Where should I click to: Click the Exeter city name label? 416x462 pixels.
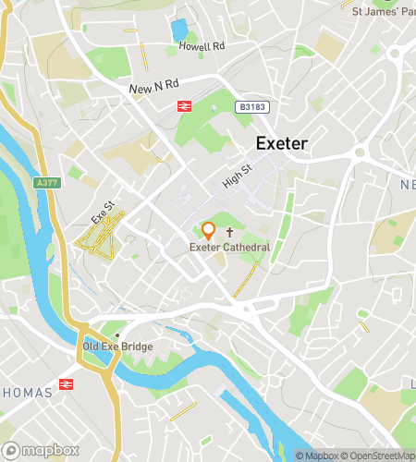coord(281,143)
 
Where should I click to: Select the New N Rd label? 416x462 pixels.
coord(153,89)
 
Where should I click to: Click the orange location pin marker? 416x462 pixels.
coord(208,231)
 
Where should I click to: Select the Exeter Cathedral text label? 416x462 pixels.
coord(229,247)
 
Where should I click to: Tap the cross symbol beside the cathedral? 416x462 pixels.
coord(254,235)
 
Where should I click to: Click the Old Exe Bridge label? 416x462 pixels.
coord(117,346)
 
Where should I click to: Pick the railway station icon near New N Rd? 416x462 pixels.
coord(185,106)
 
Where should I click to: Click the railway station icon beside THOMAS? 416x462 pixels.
coord(67,383)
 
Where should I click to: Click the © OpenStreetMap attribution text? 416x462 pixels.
coord(379,455)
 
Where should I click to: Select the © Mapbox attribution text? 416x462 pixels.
coord(317,455)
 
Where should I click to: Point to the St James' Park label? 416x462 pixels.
coord(383,11)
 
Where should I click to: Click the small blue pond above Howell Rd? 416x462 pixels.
coord(179,30)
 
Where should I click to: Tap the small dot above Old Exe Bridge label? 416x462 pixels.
coord(117,334)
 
